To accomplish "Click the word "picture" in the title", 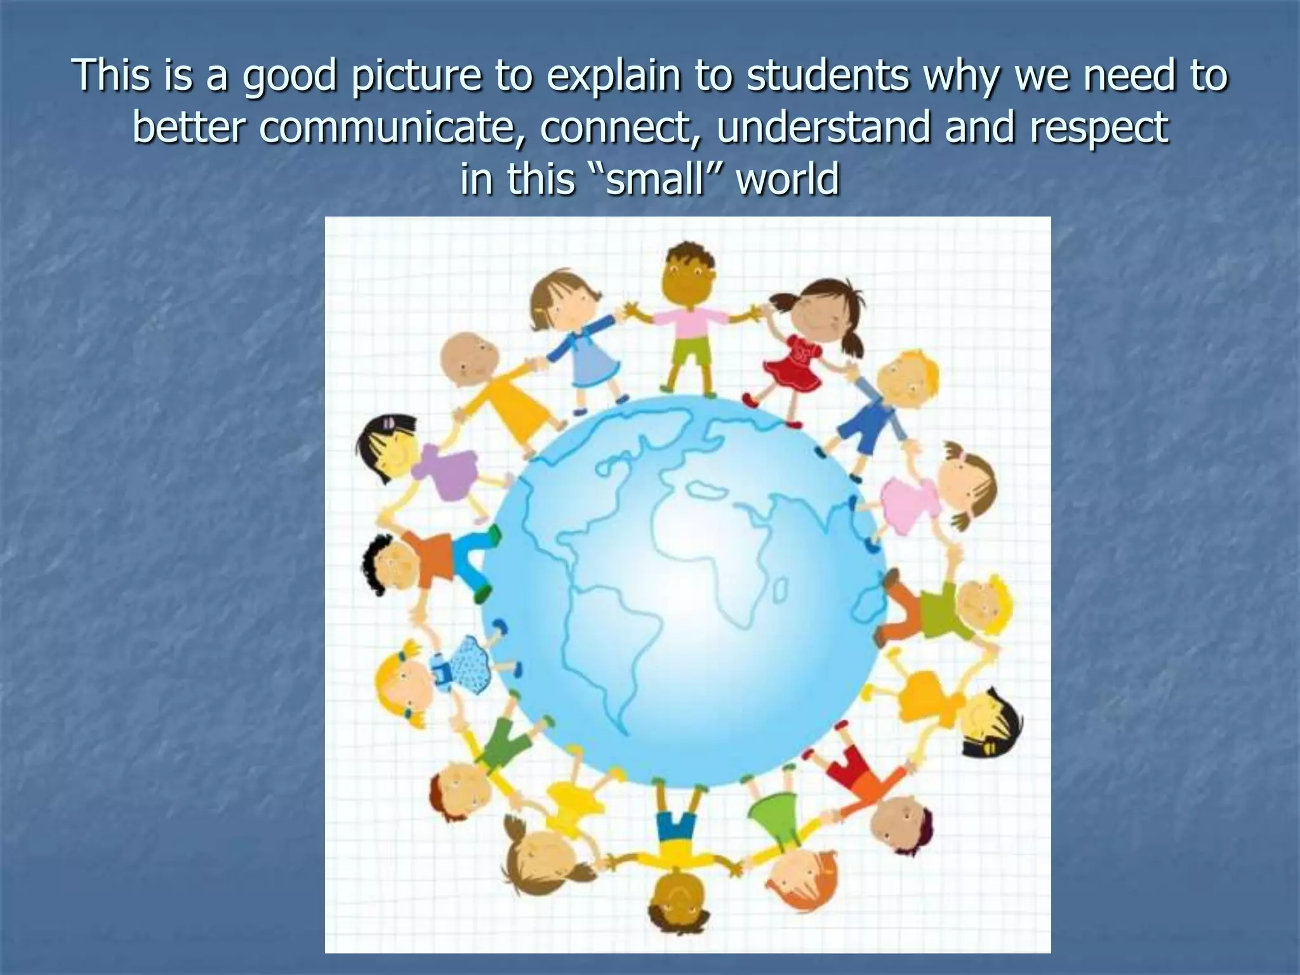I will coord(415,76).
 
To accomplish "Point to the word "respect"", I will coord(1099,127).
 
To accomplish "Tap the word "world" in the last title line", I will coord(787,178).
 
